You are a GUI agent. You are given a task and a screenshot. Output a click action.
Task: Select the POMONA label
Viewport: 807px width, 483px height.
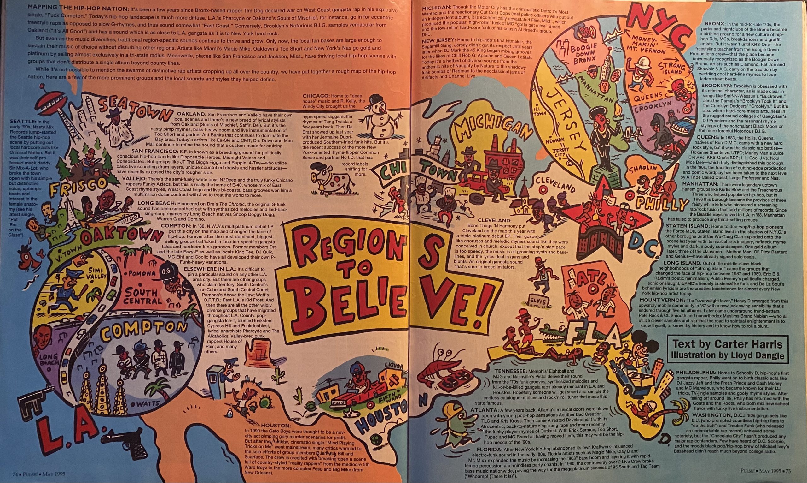point(143,273)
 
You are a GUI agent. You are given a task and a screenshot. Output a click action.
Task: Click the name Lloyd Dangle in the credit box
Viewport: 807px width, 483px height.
point(758,355)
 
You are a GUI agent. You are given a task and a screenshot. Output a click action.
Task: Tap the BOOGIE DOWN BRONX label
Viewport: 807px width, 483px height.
point(583,53)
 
